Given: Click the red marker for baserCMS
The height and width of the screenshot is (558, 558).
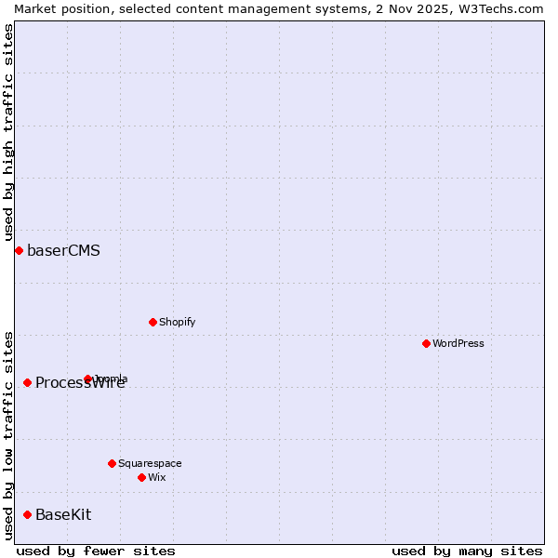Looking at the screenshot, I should (x=19, y=251).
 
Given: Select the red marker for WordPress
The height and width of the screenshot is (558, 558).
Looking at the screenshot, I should (x=426, y=343).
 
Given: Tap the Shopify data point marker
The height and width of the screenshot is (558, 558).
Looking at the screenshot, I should (x=153, y=322).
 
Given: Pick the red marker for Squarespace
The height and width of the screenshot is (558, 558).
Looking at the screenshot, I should (x=112, y=463).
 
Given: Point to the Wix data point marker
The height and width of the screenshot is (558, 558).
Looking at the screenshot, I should (x=141, y=477).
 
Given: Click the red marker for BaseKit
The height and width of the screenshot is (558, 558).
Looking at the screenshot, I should (x=27, y=514).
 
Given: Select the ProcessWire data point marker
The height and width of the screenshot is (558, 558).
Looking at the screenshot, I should (x=27, y=382).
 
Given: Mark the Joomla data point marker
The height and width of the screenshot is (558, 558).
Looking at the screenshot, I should (x=88, y=379).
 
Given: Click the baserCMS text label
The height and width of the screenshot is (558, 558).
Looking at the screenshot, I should (x=63, y=251).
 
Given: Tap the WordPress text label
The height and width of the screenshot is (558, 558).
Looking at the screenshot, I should (x=458, y=343).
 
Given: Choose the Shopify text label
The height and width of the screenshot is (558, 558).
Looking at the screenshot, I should (x=177, y=322).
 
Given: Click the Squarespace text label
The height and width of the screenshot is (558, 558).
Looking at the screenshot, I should (x=150, y=463).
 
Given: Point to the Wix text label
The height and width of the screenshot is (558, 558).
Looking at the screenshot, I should (x=156, y=477).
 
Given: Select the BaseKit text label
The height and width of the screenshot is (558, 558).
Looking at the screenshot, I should (x=63, y=514).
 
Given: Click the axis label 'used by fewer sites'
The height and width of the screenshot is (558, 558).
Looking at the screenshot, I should (x=96, y=551).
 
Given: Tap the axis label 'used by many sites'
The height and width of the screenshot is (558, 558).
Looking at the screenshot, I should (x=467, y=551).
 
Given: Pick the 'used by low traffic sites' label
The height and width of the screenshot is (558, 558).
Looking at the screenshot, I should (x=8, y=435).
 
